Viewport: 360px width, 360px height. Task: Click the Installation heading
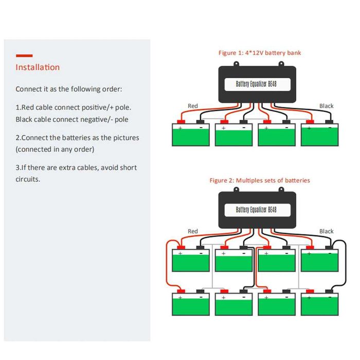(38, 67)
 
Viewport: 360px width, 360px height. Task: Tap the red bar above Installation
(24, 56)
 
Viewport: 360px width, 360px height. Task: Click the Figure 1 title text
(259, 53)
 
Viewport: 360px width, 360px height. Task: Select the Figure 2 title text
(260, 181)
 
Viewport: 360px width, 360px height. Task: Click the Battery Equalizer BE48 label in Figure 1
(256, 84)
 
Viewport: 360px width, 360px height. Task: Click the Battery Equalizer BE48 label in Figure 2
(256, 210)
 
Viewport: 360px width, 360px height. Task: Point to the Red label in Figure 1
(193, 106)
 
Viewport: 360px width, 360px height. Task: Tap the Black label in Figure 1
(326, 106)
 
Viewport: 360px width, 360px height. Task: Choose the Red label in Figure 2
(193, 231)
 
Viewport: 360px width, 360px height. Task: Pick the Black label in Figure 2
(326, 231)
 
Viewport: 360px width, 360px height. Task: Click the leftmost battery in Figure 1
(191, 135)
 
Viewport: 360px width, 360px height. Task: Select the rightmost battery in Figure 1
(319, 135)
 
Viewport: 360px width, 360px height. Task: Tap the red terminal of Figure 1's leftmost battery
(181, 122)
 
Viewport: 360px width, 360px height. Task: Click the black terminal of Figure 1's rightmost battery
(329, 122)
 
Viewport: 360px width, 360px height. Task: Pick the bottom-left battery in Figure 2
(191, 304)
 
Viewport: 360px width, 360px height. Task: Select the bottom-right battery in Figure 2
(319, 304)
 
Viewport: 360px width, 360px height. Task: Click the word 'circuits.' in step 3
(28, 179)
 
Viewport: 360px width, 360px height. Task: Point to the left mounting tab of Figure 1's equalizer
(236, 64)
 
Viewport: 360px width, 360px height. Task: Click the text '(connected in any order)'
(55, 150)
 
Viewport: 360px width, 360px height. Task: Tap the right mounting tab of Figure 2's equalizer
(281, 189)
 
